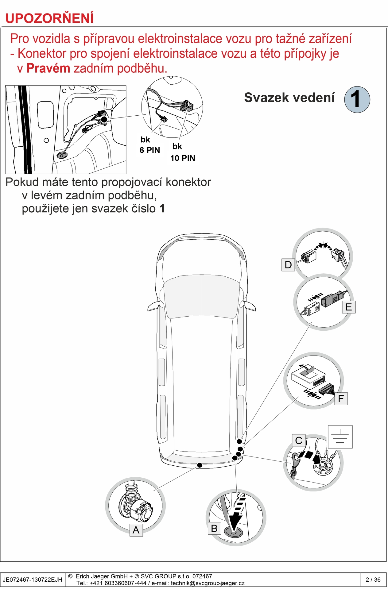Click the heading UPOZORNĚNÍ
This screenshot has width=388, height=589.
[49, 18]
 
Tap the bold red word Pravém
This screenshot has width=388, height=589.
[48, 68]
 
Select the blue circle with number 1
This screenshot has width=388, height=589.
[357, 99]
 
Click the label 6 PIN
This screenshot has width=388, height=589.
[150, 150]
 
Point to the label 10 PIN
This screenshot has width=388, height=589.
[183, 158]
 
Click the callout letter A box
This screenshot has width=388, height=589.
[136, 530]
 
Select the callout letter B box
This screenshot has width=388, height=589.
[214, 528]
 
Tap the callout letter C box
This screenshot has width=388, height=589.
[298, 441]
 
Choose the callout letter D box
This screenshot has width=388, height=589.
[288, 265]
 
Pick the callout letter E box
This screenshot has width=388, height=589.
[349, 307]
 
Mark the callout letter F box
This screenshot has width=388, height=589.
[341, 398]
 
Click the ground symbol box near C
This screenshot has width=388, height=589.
[340, 437]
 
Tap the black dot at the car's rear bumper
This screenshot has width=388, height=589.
[200, 465]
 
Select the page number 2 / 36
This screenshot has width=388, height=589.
[373, 579]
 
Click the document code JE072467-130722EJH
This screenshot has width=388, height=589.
[33, 579]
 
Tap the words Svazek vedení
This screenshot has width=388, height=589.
[289, 98]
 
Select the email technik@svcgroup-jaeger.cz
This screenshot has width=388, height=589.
[208, 583]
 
